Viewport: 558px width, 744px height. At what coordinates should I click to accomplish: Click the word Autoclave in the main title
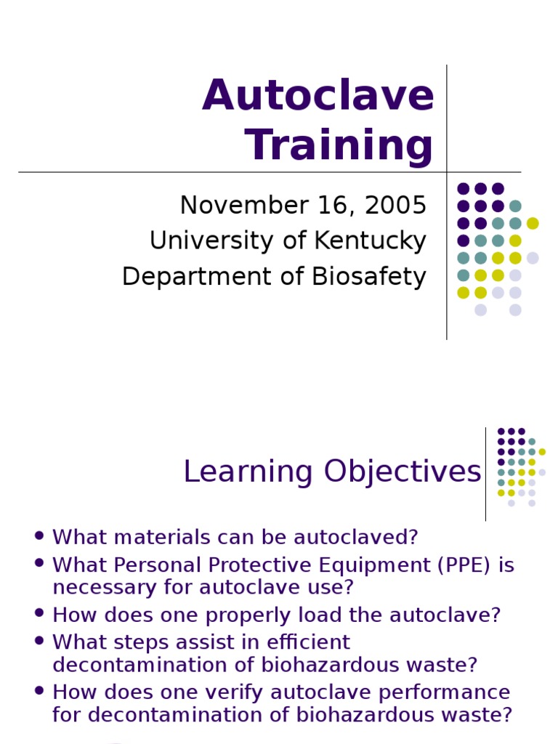click(318, 96)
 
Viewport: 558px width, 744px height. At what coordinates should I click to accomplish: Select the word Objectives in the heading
click(403, 472)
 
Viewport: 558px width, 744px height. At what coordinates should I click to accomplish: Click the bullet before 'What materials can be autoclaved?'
click(39, 536)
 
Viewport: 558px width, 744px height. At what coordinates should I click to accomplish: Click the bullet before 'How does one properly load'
click(39, 614)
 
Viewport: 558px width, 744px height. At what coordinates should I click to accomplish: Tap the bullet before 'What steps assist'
click(39, 641)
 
